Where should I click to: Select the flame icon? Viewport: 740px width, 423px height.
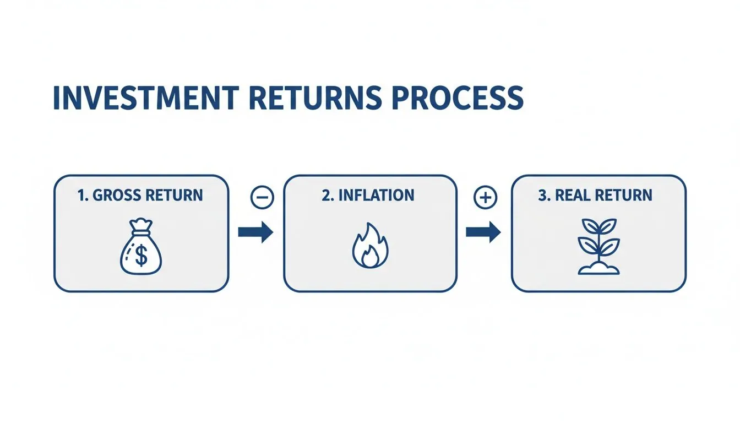tap(370, 246)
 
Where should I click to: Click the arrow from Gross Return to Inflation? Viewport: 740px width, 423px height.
tap(255, 232)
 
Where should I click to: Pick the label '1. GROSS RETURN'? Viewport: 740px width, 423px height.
tap(141, 195)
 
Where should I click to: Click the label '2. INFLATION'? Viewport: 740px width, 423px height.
tap(368, 195)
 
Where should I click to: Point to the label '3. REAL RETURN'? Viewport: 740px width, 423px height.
tap(596, 195)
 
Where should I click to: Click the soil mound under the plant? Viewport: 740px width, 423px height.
tap(598, 268)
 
